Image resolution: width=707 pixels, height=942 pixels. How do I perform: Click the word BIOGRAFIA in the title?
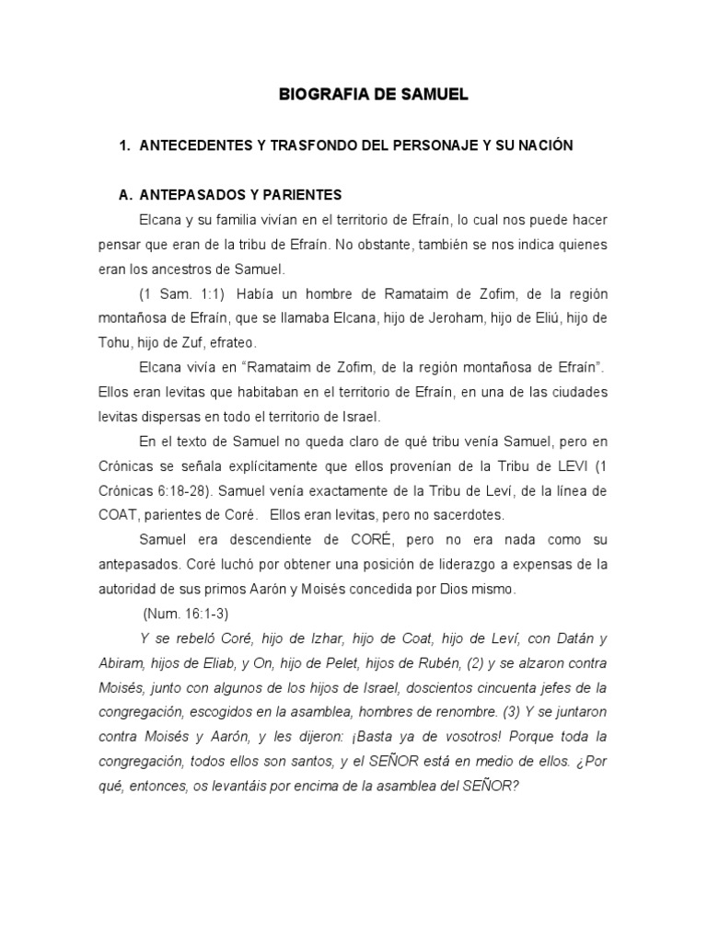pyautogui.click(x=319, y=94)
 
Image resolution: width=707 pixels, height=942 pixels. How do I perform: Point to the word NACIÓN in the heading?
pyautogui.click(x=544, y=146)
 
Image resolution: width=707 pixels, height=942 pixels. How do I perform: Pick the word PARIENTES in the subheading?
pyautogui.click(x=304, y=195)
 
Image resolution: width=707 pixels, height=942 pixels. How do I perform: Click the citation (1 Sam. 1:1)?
pyautogui.click(x=180, y=293)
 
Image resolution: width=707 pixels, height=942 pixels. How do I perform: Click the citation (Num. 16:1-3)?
pyautogui.click(x=187, y=612)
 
